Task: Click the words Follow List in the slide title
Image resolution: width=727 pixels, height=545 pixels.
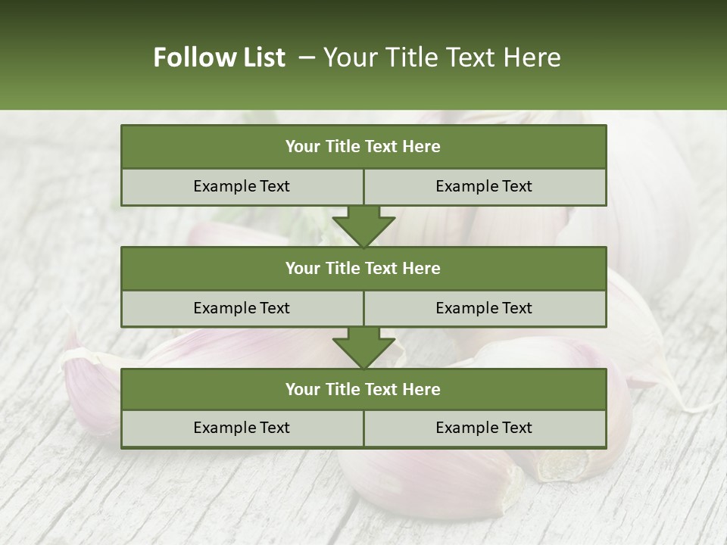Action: point(220,58)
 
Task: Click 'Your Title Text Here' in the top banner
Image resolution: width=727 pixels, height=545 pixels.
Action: point(442,58)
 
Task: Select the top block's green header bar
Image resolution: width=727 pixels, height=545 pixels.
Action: point(363,147)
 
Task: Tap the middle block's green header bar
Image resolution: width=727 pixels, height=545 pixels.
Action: point(363,268)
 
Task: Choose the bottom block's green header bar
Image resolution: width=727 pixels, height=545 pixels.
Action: point(363,389)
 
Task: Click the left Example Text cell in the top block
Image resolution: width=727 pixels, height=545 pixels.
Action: point(242,186)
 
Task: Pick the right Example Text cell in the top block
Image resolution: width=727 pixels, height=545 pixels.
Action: point(484,186)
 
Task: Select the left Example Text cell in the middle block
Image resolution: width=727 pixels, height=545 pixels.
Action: point(242,308)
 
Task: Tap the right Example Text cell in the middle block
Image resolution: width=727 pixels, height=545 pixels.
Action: point(484,308)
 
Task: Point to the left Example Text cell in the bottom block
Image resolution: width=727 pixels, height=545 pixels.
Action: point(242,428)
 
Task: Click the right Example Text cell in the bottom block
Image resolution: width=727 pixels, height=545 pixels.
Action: point(484,428)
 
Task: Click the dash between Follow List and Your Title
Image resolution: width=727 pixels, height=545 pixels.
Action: point(307,58)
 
